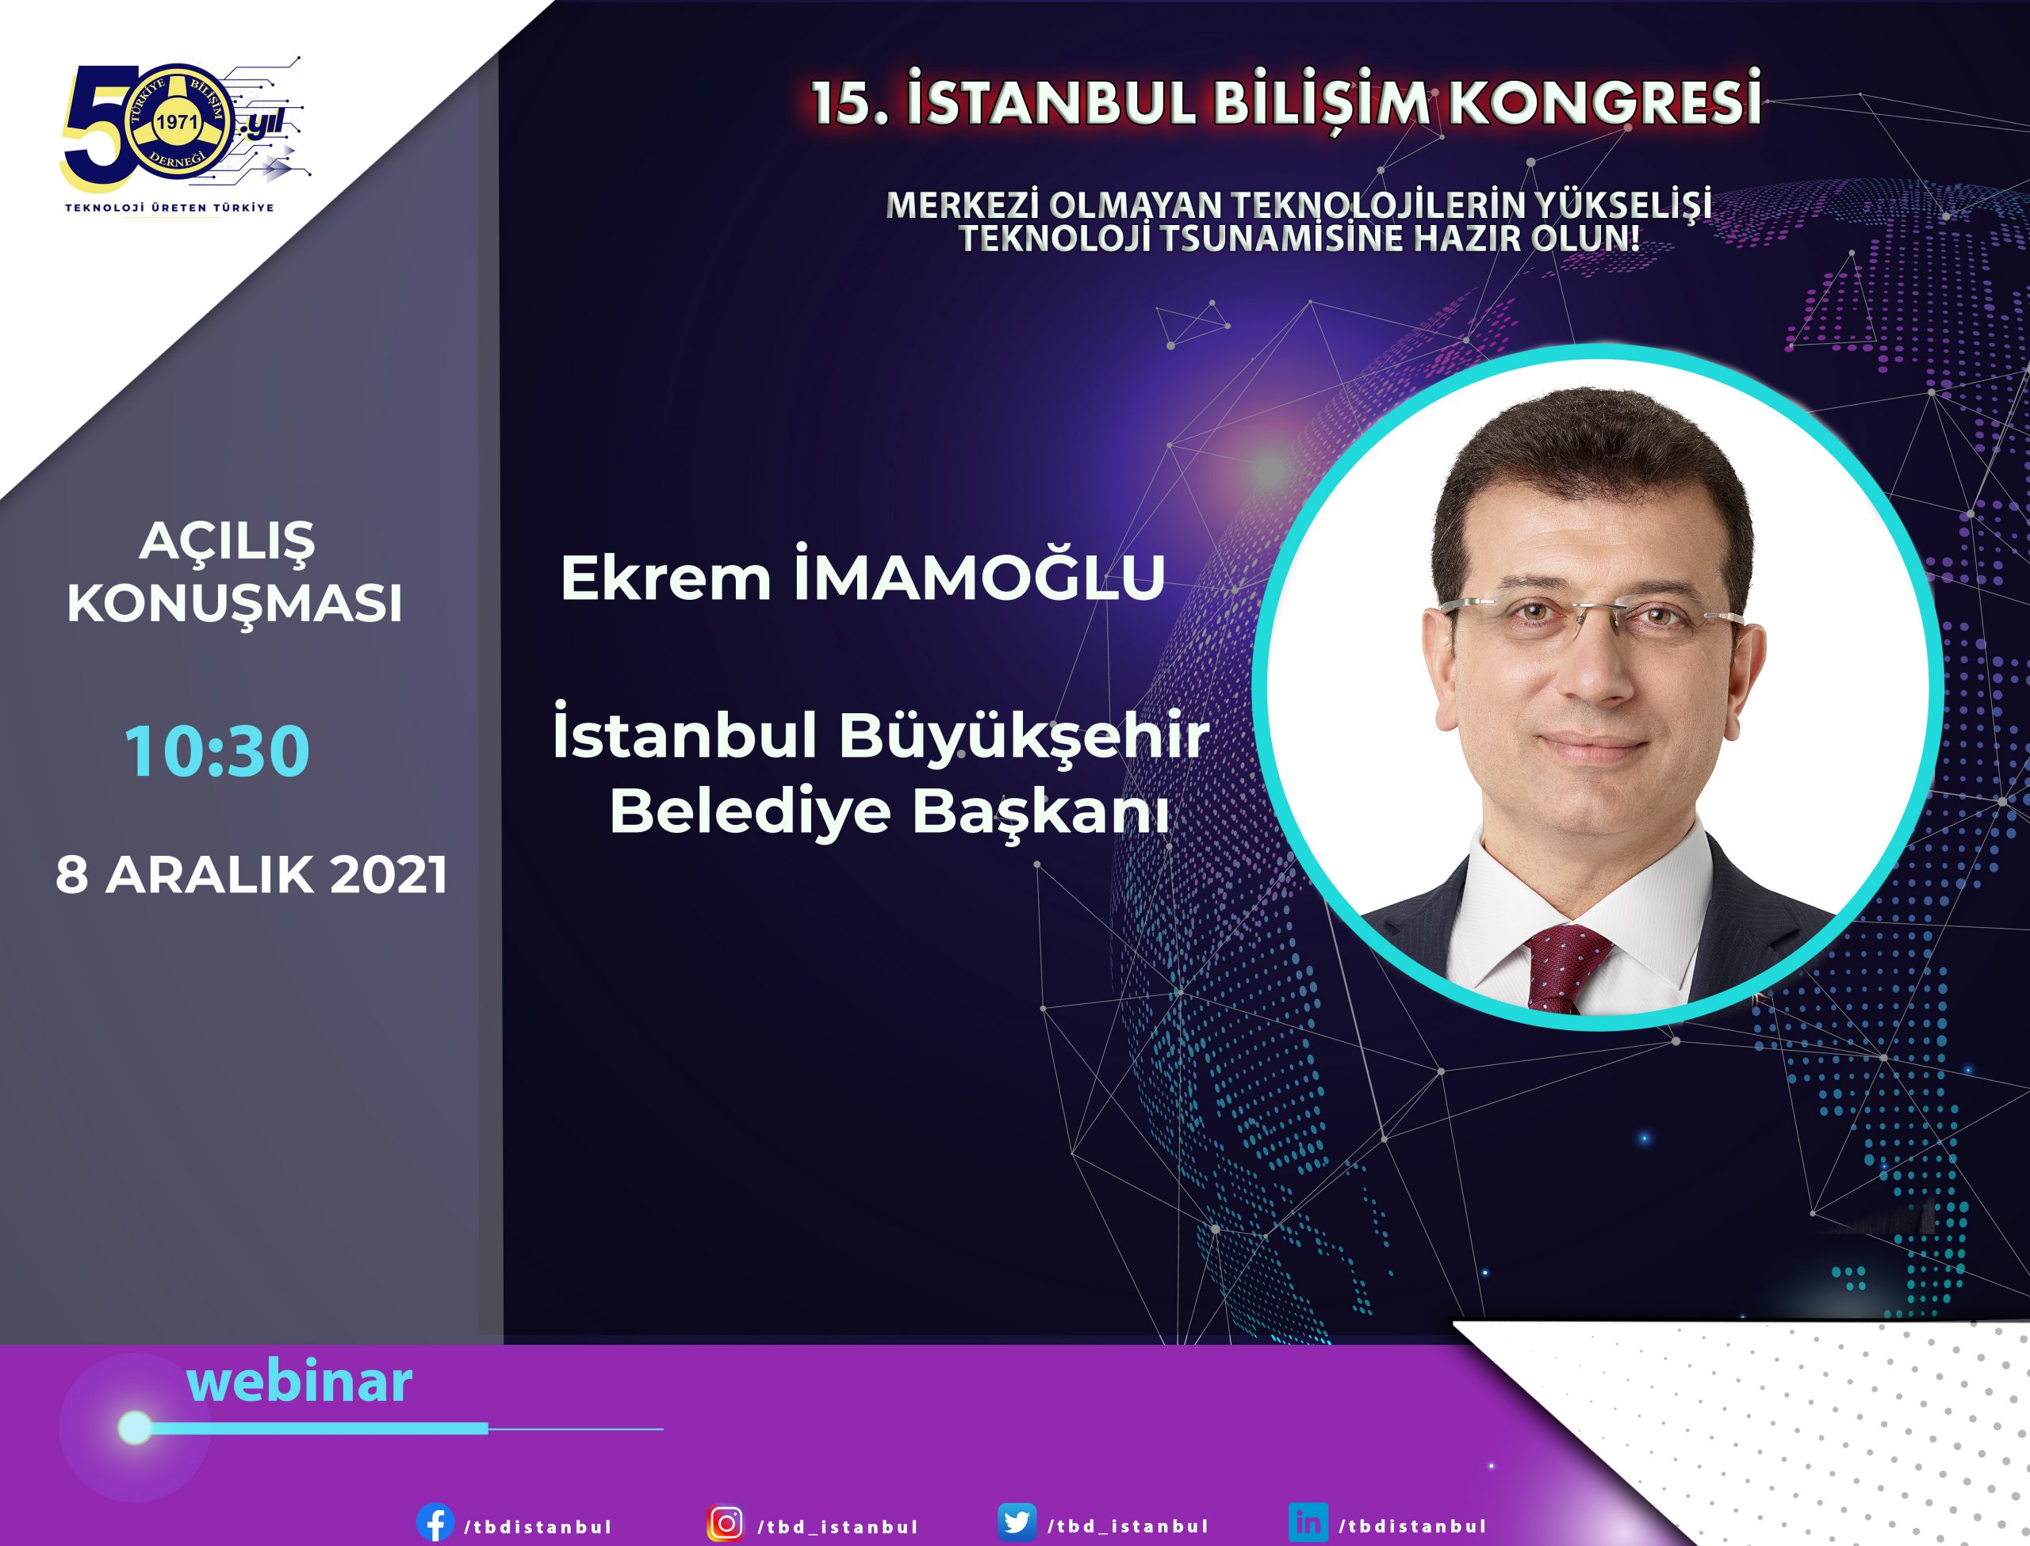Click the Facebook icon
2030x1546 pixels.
(x=435, y=1523)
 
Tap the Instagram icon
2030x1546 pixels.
(x=726, y=1523)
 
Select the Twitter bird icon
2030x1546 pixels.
(x=1017, y=1523)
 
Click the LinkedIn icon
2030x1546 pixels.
(x=1308, y=1523)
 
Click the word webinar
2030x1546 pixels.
(x=299, y=1381)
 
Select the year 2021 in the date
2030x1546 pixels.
(x=389, y=874)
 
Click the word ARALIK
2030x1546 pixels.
(x=210, y=874)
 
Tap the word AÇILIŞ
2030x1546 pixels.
(x=227, y=541)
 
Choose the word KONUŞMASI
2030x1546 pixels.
(x=234, y=604)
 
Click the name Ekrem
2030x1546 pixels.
(x=665, y=578)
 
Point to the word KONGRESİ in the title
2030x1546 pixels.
(x=1606, y=101)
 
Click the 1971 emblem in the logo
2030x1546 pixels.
(x=177, y=122)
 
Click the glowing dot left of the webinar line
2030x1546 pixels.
(x=136, y=1427)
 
